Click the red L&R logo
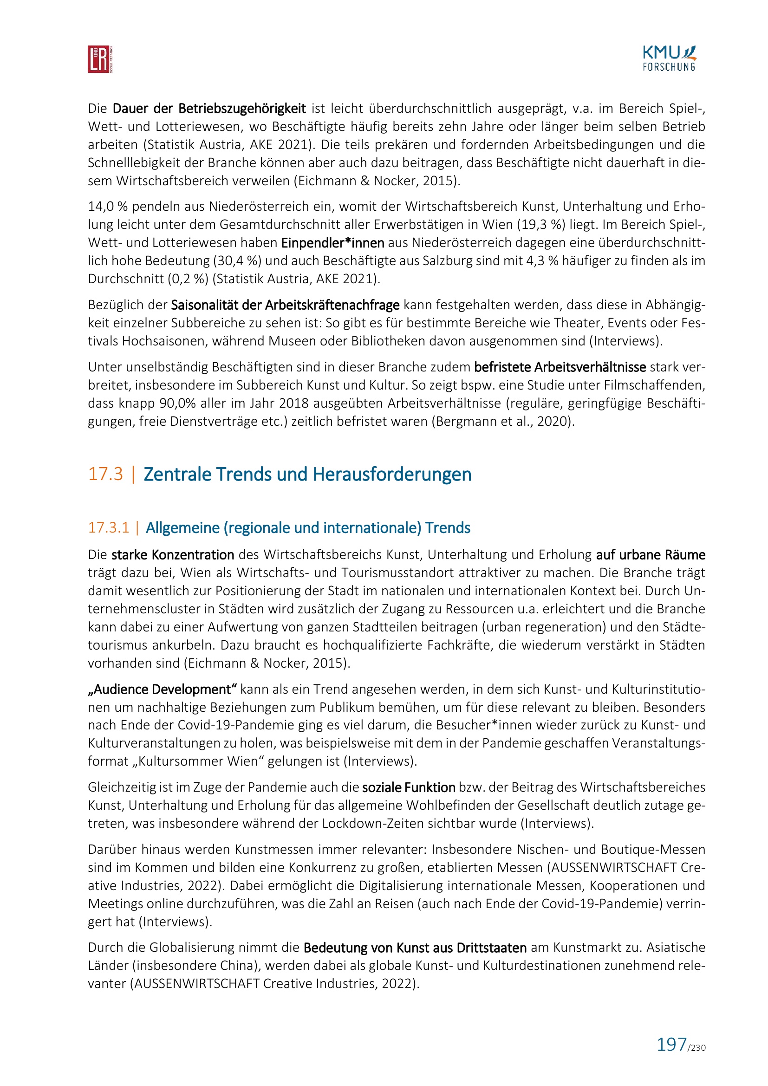(100, 59)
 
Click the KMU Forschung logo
(669, 59)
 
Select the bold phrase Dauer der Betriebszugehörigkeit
(209, 109)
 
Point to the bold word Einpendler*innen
(332, 243)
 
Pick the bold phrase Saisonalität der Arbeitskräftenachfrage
(285, 305)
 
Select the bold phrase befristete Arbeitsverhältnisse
(560, 368)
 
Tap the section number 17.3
(105, 475)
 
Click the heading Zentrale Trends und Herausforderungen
(307, 475)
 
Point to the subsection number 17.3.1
(108, 528)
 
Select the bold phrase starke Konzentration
(173, 555)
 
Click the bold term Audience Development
(162, 689)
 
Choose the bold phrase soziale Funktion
(409, 787)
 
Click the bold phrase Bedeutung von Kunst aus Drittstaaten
(415, 949)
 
